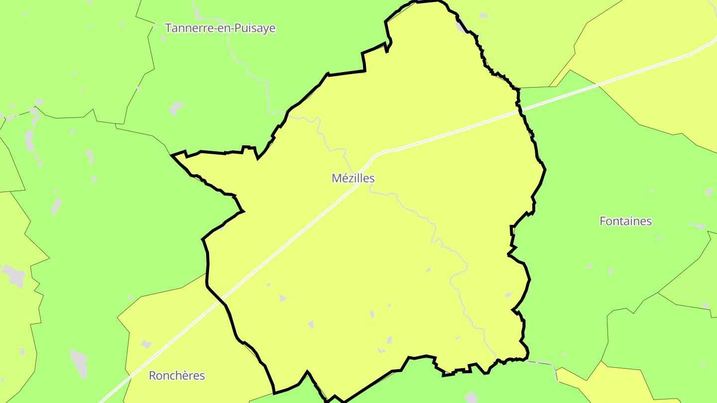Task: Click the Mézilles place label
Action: coord(353,178)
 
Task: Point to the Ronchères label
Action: coord(177,376)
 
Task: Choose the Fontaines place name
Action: coord(625,221)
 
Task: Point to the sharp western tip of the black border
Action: coord(172,156)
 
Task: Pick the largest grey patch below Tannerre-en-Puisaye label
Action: coord(176,107)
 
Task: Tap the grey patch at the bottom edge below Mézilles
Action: coord(471,397)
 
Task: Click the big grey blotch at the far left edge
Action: coord(13,276)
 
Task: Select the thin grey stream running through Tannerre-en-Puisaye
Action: coord(249,70)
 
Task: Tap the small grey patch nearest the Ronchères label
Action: coord(146,344)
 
